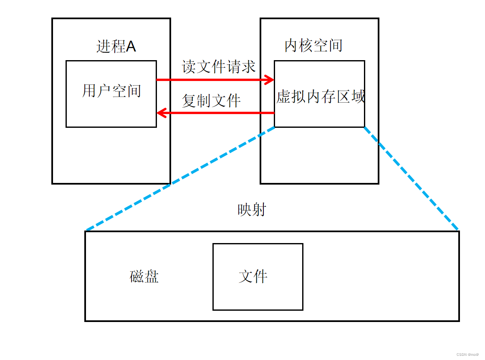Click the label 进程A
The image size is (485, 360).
point(116,46)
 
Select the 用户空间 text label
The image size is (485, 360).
point(111,91)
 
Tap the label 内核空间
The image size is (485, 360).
point(313,46)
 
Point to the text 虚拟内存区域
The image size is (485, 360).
point(320,97)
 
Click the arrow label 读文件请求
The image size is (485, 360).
point(218,67)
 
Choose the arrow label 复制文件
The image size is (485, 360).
point(211,101)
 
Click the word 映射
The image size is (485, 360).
point(252,210)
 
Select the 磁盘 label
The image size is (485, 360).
point(144,276)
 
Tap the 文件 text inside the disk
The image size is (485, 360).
point(253,276)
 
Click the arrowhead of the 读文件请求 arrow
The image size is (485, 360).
point(270,79)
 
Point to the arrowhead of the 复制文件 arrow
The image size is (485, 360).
point(160,113)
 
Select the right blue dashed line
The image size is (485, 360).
point(411,178)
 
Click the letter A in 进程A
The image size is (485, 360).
point(131,46)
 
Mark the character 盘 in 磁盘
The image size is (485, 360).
point(152,276)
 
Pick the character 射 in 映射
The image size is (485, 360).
point(259,210)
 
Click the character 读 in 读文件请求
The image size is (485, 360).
point(189,67)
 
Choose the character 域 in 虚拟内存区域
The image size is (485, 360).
point(358,97)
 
